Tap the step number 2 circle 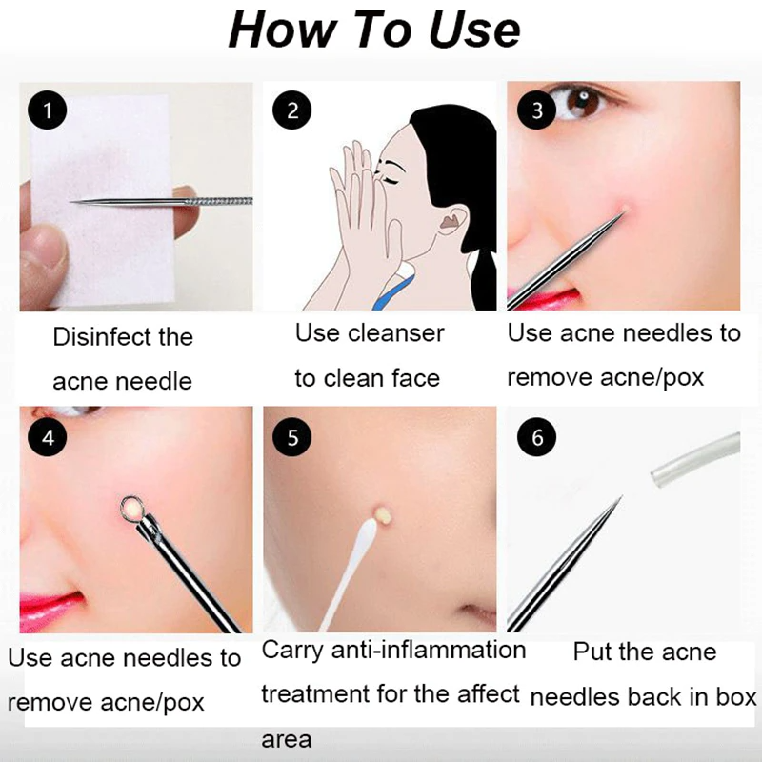(291, 110)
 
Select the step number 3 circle (536, 110)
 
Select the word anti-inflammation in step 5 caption (434, 651)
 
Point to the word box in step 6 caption (736, 697)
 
